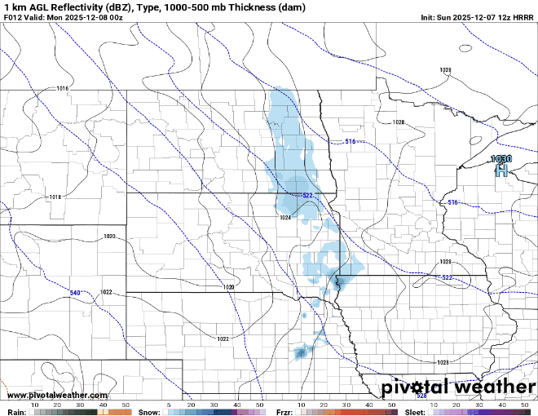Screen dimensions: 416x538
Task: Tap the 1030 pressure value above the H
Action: point(501,159)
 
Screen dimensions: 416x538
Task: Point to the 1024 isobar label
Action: point(285,218)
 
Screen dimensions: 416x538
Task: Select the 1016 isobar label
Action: point(64,88)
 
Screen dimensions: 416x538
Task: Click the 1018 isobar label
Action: point(55,197)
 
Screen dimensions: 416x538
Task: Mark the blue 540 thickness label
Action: point(74,292)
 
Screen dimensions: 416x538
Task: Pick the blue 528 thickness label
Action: point(421,396)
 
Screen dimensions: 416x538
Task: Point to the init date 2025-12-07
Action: point(474,17)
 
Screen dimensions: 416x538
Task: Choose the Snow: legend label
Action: point(148,412)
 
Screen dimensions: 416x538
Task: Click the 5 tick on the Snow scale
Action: point(168,405)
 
